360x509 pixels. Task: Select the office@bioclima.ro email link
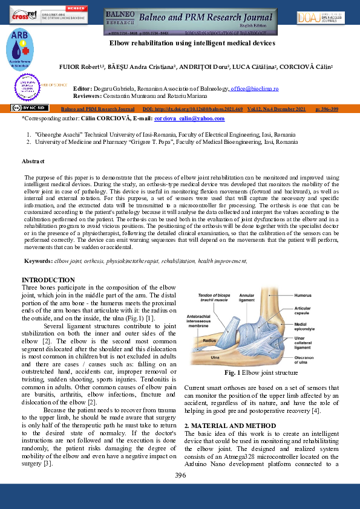(x=254, y=89)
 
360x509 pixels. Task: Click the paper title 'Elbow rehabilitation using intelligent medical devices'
(x=192, y=44)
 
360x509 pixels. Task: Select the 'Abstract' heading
(x=33, y=161)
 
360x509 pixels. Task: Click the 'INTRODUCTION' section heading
(x=48, y=280)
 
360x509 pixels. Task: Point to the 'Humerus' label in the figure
(x=303, y=296)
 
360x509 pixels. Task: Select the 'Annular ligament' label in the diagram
(x=247, y=297)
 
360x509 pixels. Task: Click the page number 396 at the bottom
(x=180, y=476)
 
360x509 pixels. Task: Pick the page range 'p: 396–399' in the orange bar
(x=327, y=109)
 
